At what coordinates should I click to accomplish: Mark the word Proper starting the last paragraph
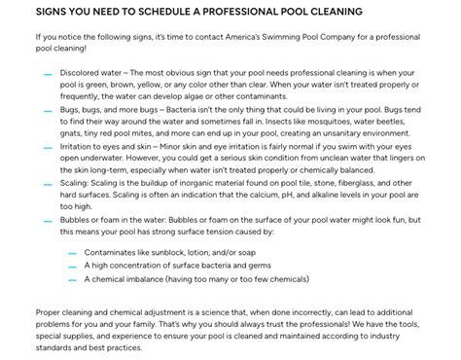pyautogui.click(x=51, y=312)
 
